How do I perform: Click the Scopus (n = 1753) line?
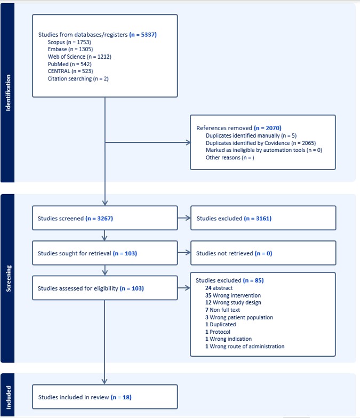click(x=69, y=42)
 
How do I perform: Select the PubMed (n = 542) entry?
click(x=69, y=64)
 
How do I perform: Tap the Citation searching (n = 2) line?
click(x=78, y=79)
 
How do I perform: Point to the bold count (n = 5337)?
click(x=143, y=34)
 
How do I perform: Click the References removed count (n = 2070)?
click(x=268, y=128)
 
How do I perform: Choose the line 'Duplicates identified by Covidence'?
click(x=261, y=143)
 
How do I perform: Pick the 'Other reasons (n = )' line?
click(x=230, y=158)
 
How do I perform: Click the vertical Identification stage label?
click(x=8, y=93)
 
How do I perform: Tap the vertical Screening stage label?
click(x=9, y=278)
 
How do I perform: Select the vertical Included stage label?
click(x=9, y=398)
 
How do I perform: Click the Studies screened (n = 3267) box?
click(x=105, y=218)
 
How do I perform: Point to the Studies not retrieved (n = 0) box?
click(x=263, y=253)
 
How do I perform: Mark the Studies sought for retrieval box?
click(x=105, y=253)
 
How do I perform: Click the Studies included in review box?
click(x=105, y=397)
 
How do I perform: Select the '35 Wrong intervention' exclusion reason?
click(x=233, y=295)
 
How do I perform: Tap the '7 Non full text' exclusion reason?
click(x=223, y=310)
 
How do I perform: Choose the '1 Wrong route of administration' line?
click(x=245, y=347)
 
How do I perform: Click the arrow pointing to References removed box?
click(x=148, y=142)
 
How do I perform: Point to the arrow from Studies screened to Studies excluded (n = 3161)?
click(x=184, y=218)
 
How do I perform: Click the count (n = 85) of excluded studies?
click(x=253, y=280)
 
